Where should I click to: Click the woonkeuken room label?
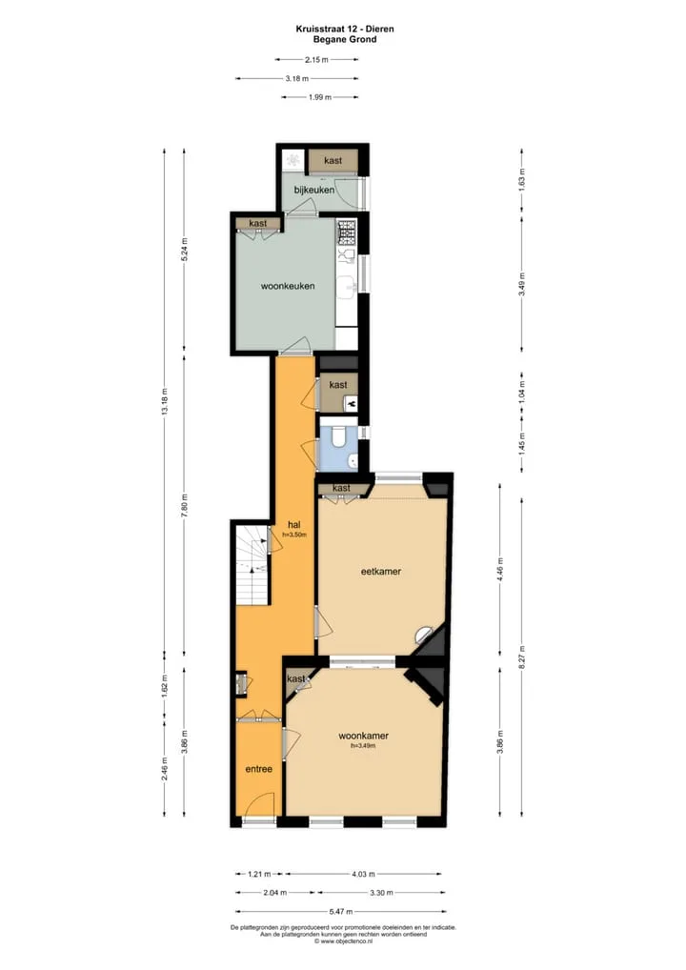[288, 286]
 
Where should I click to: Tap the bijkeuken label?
[314, 190]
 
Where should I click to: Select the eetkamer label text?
[381, 571]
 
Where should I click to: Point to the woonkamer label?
[364, 736]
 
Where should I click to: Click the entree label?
[258, 769]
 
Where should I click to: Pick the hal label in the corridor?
[293, 525]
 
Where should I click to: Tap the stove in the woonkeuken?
[347, 232]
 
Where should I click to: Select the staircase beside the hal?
[252, 565]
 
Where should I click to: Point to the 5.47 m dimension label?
[340, 911]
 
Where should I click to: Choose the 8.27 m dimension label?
[521, 657]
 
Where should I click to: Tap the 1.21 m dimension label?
[259, 874]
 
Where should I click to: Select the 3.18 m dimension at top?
[297, 78]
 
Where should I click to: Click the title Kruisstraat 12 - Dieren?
[344, 29]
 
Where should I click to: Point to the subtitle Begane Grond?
[344, 39]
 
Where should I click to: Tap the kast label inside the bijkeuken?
[333, 160]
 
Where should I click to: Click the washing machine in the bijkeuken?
[292, 160]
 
